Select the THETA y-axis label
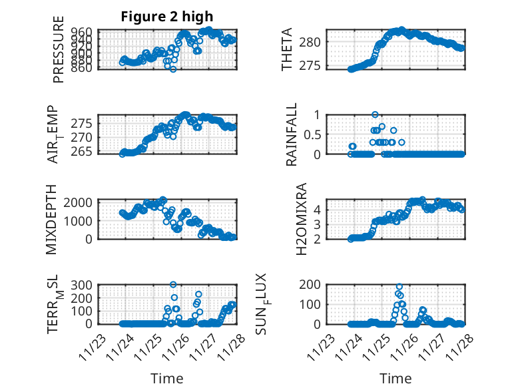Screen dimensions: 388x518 coord(287,49)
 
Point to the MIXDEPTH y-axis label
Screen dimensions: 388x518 coord(52,219)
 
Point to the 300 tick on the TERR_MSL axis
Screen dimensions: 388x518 coord(83,285)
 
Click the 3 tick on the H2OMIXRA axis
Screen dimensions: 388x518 coord(318,224)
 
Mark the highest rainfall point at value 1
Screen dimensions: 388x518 coord(376,114)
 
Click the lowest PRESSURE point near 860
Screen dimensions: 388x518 coord(172,69)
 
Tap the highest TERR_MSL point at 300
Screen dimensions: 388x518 coord(173,285)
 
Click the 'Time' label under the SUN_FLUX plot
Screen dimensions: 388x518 coord(395,379)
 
